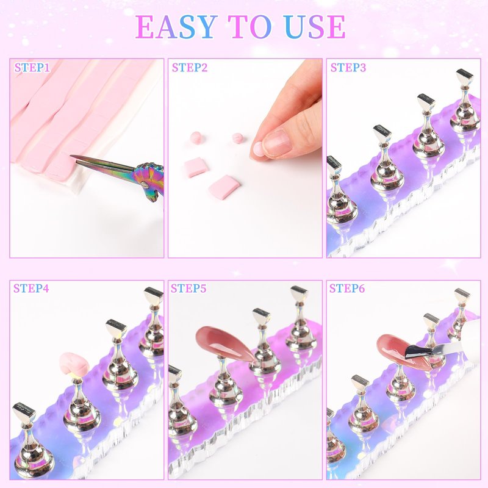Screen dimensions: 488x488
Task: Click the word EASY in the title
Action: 176,27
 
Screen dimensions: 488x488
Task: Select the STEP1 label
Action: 32,68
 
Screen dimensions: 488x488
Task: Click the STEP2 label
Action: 190,68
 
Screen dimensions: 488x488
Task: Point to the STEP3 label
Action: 348,68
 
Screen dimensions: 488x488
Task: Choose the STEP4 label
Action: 31,288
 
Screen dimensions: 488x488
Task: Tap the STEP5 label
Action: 188,288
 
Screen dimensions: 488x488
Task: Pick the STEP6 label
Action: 347,288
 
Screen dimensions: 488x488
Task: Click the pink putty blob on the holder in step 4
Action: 74,364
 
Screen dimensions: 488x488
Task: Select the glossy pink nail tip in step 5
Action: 224,343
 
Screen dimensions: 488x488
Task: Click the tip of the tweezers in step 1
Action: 71,156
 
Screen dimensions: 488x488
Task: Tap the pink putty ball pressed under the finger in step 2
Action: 257,149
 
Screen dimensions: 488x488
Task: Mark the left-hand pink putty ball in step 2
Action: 196,138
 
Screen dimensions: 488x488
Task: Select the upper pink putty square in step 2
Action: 195,167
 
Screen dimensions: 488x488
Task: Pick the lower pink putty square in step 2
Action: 224,186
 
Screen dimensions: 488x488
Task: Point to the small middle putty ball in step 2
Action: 237,138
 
